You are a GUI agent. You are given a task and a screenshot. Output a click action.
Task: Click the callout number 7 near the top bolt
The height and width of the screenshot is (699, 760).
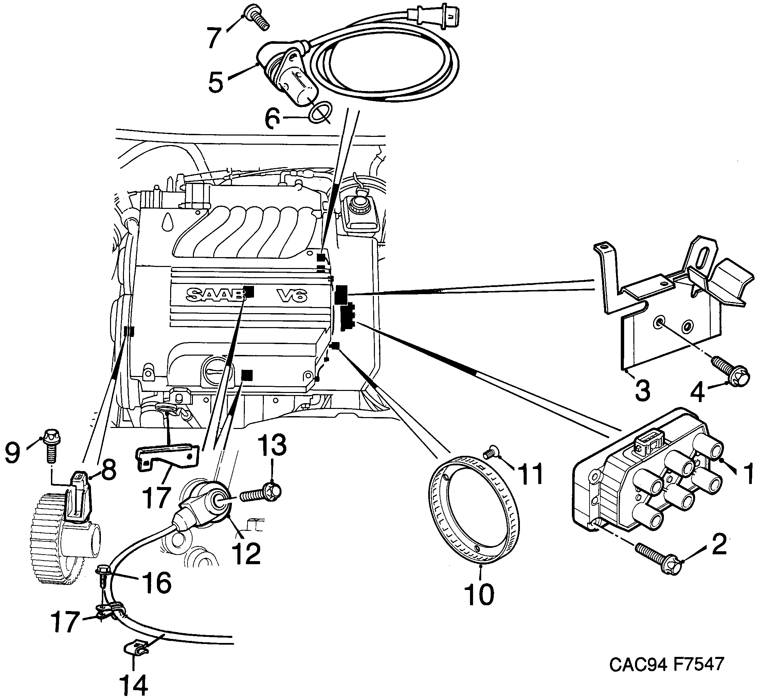coord(214,38)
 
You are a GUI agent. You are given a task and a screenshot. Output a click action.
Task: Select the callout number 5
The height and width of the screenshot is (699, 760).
coord(216,83)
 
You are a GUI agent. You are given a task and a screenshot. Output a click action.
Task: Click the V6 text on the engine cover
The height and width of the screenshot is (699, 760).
coord(291,295)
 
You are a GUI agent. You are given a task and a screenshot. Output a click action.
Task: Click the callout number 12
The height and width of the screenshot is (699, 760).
coord(247,553)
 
